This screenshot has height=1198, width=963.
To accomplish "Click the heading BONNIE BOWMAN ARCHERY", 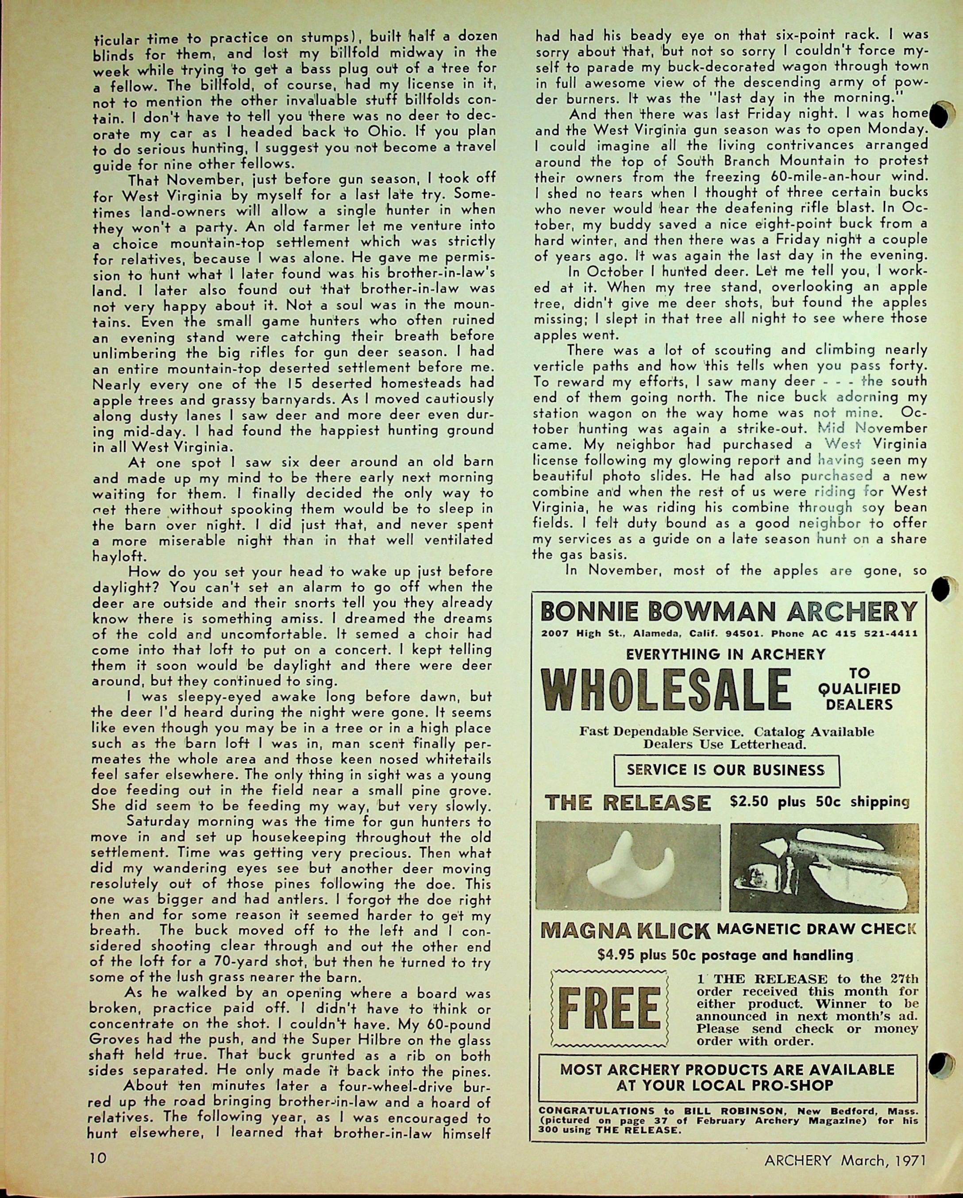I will click(728, 612).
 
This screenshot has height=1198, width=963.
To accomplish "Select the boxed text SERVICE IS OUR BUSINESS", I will click(726, 770).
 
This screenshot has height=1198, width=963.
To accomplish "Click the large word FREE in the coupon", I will click(609, 1009).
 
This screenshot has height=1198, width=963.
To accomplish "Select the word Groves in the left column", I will click(112, 1040).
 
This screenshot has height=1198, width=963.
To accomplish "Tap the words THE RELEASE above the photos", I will click(628, 803).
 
